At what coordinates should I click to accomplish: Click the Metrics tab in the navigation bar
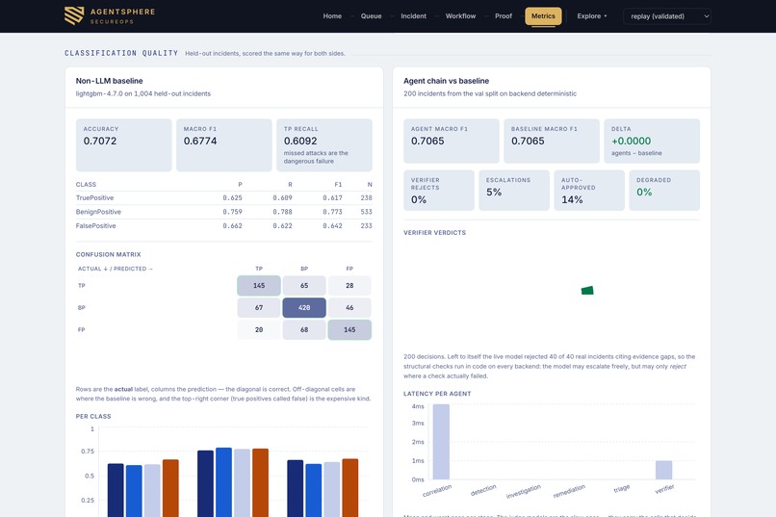pyautogui.click(x=543, y=16)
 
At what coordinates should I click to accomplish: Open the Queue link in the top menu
pyautogui.click(x=371, y=16)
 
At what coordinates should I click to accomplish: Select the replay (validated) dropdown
pyautogui.click(x=667, y=16)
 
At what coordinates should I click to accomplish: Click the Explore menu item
pyautogui.click(x=591, y=16)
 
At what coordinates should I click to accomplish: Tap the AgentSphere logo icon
pyautogui.click(x=74, y=15)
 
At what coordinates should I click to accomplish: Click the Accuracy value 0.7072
pyautogui.click(x=100, y=141)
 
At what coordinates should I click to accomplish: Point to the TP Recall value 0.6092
pyautogui.click(x=300, y=141)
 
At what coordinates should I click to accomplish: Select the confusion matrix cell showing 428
pyautogui.click(x=304, y=308)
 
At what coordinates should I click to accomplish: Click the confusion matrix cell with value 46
pyautogui.click(x=349, y=308)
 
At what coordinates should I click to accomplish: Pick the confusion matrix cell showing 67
pyautogui.click(x=259, y=308)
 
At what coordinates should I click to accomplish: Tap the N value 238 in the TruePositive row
pyautogui.click(x=366, y=198)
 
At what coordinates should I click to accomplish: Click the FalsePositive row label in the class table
pyautogui.click(x=95, y=225)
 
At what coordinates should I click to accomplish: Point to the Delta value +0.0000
pyautogui.click(x=631, y=141)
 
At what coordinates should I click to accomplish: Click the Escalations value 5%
pyautogui.click(x=493, y=192)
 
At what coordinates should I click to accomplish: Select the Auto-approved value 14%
pyautogui.click(x=572, y=200)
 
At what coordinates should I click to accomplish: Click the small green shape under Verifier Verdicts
pyautogui.click(x=587, y=291)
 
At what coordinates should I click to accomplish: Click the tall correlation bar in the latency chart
pyautogui.click(x=441, y=442)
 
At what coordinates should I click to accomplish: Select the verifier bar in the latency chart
pyautogui.click(x=663, y=470)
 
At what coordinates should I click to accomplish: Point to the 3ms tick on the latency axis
pyautogui.click(x=418, y=424)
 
